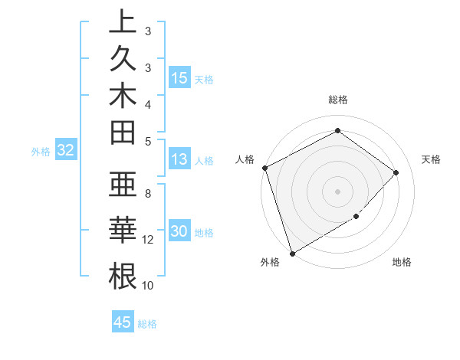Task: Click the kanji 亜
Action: click(122, 187)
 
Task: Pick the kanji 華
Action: click(122, 231)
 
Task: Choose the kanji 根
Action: click(122, 275)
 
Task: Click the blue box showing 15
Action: click(179, 77)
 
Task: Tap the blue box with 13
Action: click(179, 159)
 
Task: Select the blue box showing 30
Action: click(179, 231)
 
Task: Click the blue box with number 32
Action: click(65, 150)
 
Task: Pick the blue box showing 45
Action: click(123, 322)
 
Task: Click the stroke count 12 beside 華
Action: click(148, 240)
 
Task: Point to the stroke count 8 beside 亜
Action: click(148, 193)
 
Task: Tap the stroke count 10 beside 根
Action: click(148, 286)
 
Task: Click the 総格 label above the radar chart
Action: click(338, 100)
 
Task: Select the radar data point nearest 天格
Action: click(396, 172)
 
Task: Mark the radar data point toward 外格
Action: click(292, 253)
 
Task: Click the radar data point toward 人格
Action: click(264, 168)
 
